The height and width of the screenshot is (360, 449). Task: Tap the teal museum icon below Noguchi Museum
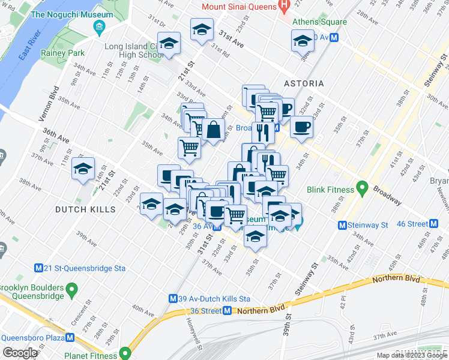99,27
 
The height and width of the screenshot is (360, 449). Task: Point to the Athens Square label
319,22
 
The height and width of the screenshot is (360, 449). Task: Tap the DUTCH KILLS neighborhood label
83,209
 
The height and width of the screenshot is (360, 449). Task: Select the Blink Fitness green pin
362,190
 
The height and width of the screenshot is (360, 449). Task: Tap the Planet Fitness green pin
125,353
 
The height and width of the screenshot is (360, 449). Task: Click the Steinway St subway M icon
342,226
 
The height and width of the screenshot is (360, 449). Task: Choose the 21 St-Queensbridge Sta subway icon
39,268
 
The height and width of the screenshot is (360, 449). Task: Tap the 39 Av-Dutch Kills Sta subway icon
173,298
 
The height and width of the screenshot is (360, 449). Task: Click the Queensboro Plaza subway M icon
71,337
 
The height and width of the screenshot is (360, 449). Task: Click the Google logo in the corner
20,353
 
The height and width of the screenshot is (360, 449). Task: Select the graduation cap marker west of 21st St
83,169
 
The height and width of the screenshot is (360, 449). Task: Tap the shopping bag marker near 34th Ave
213,130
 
